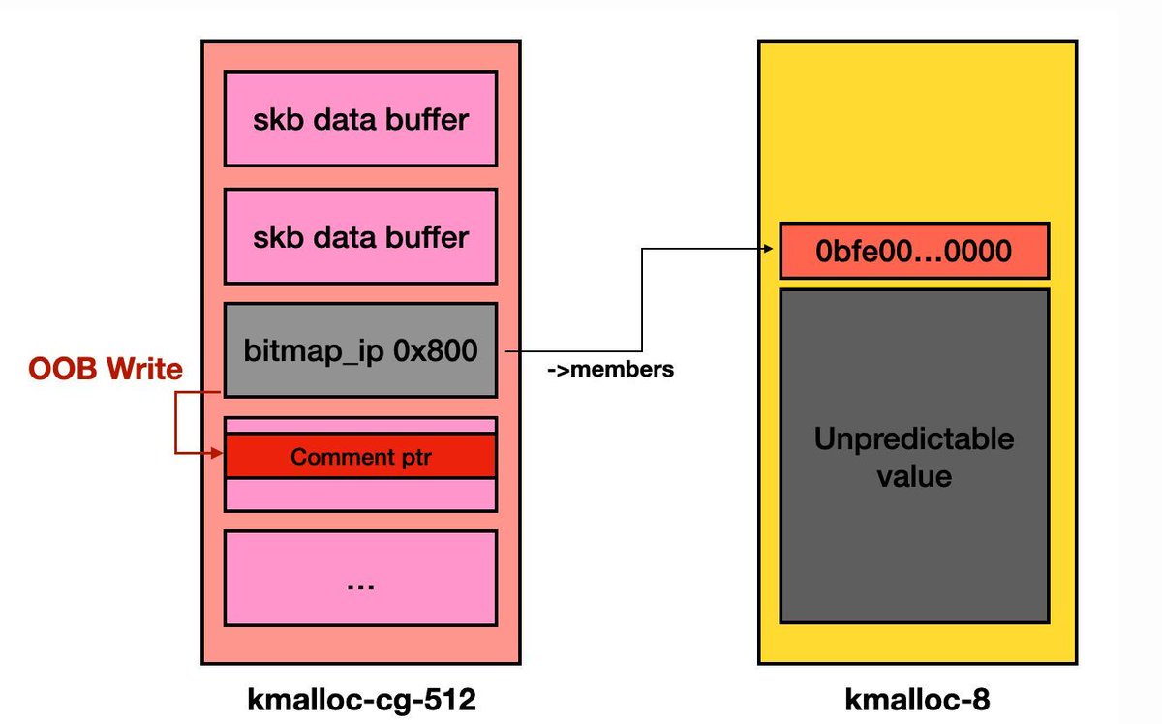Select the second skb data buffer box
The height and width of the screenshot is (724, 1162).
(360, 236)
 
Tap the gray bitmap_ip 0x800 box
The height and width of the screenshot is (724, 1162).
(360, 349)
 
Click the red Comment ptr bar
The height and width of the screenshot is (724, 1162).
(360, 457)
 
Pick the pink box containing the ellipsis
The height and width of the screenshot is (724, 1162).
(360, 577)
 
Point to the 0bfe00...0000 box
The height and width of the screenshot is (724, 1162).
(914, 251)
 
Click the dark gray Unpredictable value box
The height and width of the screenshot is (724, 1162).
(914, 455)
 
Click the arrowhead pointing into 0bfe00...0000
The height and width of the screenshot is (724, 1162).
(772, 249)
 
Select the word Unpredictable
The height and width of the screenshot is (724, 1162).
(914, 438)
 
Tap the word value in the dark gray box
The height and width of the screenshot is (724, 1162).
(914, 475)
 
